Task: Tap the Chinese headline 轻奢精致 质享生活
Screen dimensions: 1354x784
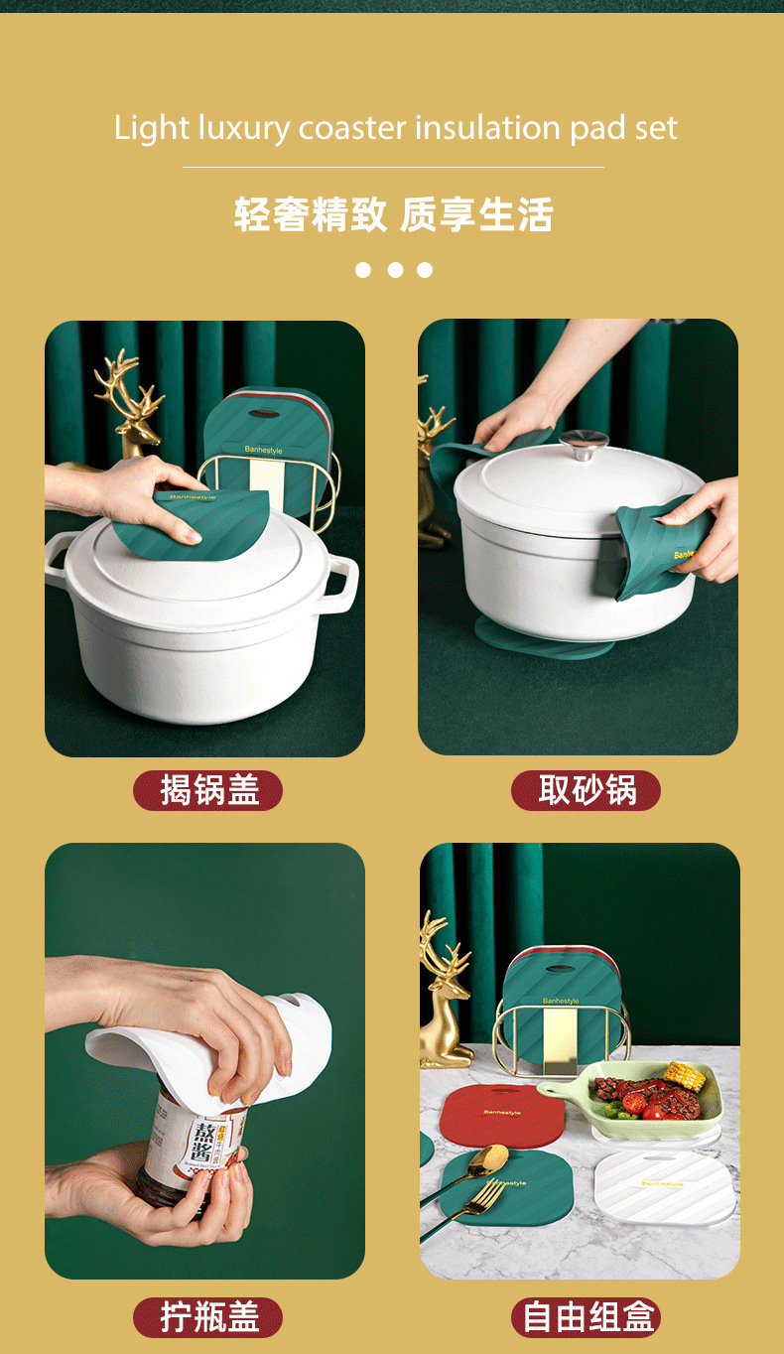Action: [393, 214]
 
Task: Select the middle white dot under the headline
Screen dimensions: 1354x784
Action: [394, 270]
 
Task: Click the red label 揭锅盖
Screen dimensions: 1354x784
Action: [208, 790]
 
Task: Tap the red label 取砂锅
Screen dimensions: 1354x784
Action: [586, 790]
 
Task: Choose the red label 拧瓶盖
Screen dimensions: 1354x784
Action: [208, 1317]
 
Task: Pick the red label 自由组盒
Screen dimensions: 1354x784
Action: [586, 1317]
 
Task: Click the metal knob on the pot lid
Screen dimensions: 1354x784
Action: [584, 443]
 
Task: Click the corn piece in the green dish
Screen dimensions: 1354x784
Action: [684, 1075]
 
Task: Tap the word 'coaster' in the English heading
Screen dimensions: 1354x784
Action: [353, 128]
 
